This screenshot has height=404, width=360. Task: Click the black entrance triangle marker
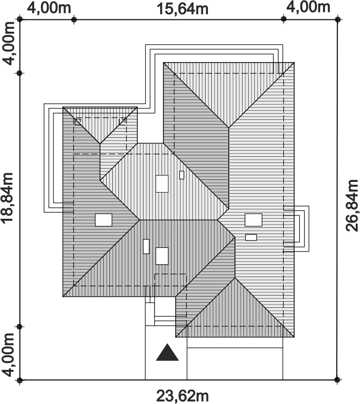click(x=167, y=352)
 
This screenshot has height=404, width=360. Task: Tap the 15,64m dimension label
click(x=182, y=9)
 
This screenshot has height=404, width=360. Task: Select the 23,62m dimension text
click(x=182, y=396)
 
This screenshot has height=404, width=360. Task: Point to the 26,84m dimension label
click(x=352, y=206)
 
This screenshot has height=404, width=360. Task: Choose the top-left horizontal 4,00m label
click(x=49, y=8)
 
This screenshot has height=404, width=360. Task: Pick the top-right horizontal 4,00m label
click(x=308, y=7)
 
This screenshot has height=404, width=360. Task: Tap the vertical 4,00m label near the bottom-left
click(x=8, y=355)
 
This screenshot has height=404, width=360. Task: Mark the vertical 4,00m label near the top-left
click(x=9, y=43)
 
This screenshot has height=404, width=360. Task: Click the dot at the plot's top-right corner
click(x=337, y=19)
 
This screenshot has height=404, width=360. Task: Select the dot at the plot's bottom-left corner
click(x=20, y=380)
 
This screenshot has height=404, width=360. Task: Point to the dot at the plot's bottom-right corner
click(x=337, y=379)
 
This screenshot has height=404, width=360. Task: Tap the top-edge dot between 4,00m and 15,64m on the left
click(x=74, y=19)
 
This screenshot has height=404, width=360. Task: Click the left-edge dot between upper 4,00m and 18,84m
click(x=19, y=73)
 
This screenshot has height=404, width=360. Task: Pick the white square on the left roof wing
click(x=104, y=220)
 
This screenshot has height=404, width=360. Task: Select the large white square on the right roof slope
click(x=253, y=220)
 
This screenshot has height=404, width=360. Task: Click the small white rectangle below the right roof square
click(x=251, y=237)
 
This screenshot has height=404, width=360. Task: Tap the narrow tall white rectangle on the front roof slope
click(x=146, y=246)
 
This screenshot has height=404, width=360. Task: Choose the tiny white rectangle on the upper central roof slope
click(x=182, y=175)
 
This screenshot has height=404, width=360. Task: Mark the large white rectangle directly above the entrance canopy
click(x=162, y=256)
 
